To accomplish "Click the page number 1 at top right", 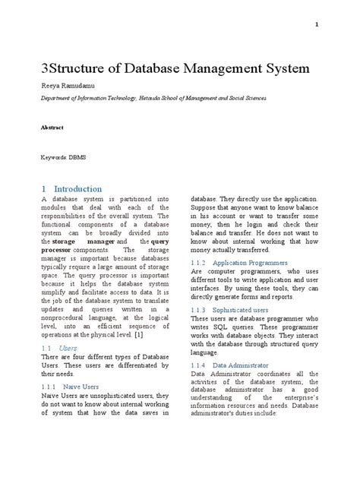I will (316, 25).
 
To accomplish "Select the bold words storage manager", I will (84, 241).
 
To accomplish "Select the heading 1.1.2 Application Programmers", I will (239, 262).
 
